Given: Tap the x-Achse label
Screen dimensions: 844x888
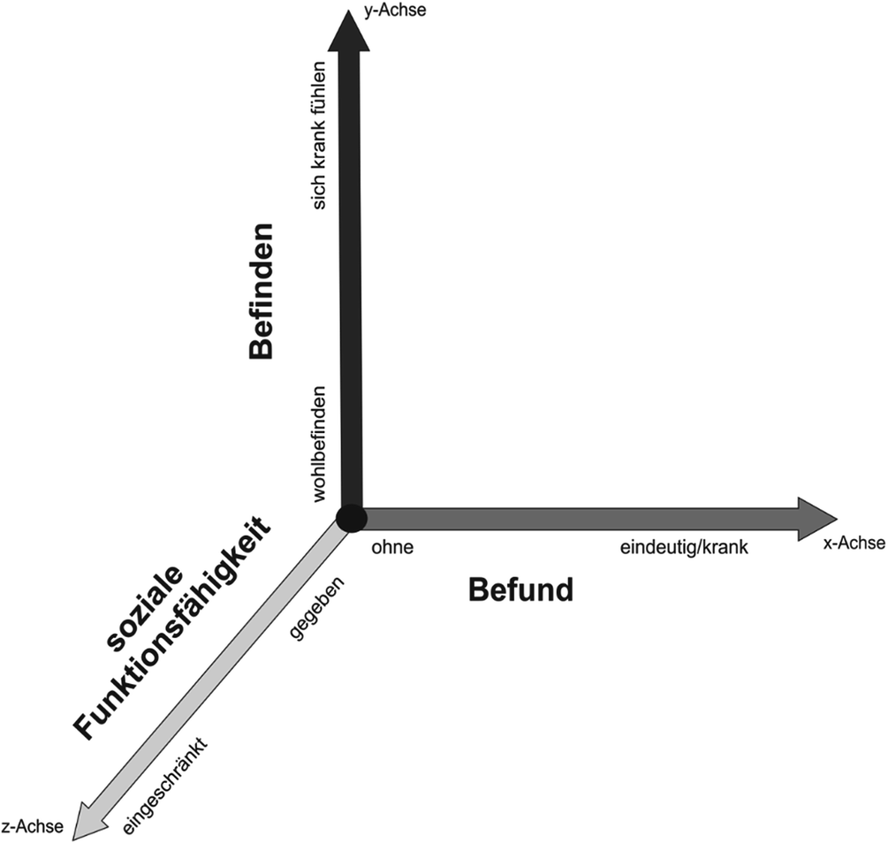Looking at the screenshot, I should click(x=853, y=544).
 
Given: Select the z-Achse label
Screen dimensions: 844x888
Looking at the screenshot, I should click(x=33, y=826).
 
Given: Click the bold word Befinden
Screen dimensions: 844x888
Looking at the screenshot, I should click(x=262, y=290).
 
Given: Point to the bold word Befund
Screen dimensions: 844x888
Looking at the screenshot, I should click(x=520, y=589).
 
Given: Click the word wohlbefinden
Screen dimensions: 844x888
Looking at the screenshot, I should click(x=320, y=445).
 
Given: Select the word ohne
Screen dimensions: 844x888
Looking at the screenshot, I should click(x=392, y=548).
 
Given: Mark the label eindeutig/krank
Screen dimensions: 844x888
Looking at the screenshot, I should click(x=684, y=548).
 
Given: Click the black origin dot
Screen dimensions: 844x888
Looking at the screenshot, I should click(x=351, y=518).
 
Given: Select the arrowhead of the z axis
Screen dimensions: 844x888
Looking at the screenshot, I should click(x=88, y=817).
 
